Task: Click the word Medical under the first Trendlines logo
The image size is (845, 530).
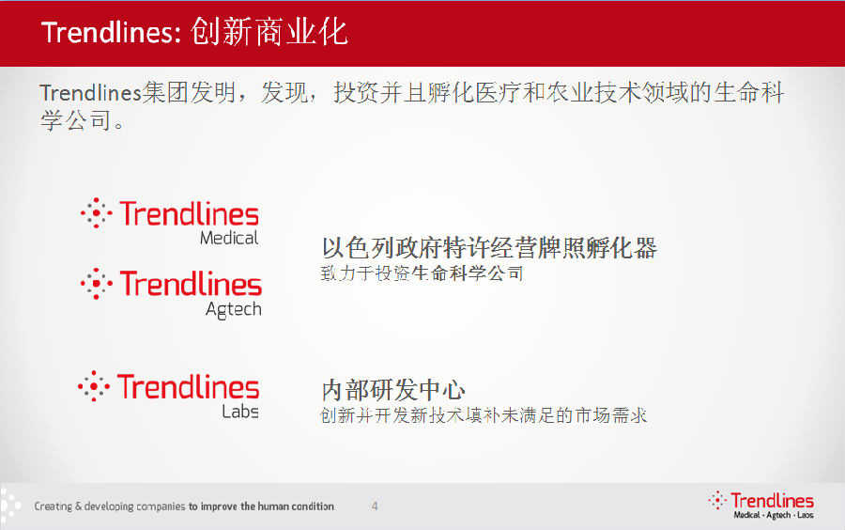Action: click(x=229, y=238)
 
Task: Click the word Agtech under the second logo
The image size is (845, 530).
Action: click(x=234, y=310)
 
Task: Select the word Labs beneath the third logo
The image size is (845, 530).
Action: click(x=240, y=412)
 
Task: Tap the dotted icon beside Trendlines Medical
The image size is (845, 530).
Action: click(x=97, y=213)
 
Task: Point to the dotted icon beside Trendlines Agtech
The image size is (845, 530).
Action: click(x=97, y=284)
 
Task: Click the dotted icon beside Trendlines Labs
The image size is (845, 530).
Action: click(x=94, y=386)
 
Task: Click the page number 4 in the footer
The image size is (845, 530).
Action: click(x=375, y=507)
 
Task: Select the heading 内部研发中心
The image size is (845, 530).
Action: click(x=393, y=390)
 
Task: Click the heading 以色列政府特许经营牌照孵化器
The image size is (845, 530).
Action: click(x=489, y=248)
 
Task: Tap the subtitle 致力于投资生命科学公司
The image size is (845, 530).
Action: click(x=422, y=273)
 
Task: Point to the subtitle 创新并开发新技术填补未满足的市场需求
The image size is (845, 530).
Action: click(x=484, y=415)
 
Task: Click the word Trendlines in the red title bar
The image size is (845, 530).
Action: click(x=111, y=32)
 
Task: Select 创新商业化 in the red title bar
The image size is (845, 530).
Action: click(x=269, y=31)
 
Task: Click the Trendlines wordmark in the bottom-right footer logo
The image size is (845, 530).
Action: click(x=773, y=500)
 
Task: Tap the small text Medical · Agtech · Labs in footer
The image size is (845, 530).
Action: click(x=774, y=516)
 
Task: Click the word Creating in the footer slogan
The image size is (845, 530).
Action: click(x=54, y=507)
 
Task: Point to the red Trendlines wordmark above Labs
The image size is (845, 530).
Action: click(x=188, y=386)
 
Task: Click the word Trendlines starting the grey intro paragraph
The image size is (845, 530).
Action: click(x=90, y=93)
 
